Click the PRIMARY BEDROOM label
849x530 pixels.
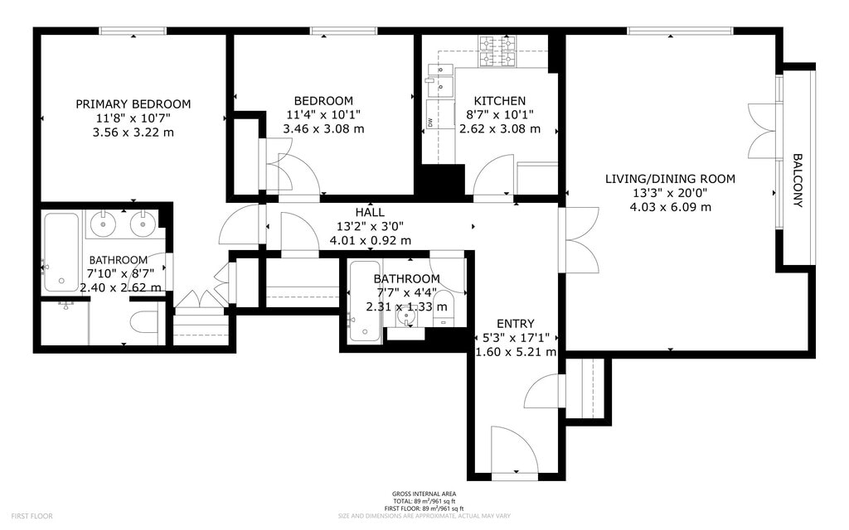pos(133,104)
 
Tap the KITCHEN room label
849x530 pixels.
pos(500,100)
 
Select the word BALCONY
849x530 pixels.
pos(798,181)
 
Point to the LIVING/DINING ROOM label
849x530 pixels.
pos(670,179)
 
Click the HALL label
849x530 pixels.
pos(371,213)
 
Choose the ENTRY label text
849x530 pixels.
pos(516,324)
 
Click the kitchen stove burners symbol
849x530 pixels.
pos(497,51)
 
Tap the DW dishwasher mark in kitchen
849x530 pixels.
pos(429,122)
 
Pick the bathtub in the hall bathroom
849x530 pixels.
pos(365,301)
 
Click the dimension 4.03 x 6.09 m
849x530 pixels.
pos(670,206)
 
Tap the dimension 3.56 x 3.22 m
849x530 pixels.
pos(133,132)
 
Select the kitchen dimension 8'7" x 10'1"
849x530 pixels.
pos(500,114)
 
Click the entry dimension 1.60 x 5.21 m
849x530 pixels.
pos(516,352)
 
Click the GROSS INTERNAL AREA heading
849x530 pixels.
pos(424,494)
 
